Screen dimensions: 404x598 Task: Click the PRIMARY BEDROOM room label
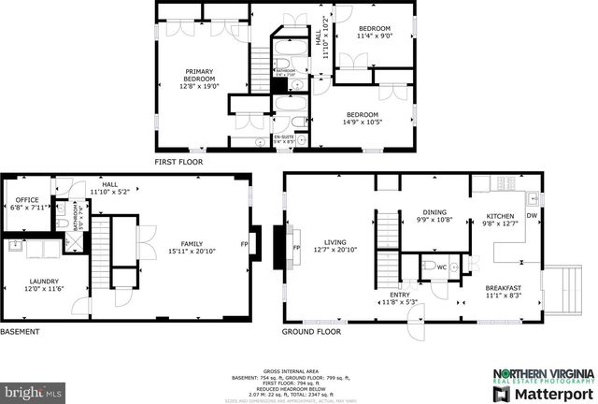click(200, 71)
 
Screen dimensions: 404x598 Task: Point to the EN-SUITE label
click(283, 137)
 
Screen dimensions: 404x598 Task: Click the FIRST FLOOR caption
click(180, 161)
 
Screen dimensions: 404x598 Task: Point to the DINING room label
click(434, 211)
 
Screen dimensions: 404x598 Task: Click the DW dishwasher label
click(532, 216)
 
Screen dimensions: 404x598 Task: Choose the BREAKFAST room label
click(503, 288)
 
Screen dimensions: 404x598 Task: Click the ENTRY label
click(400, 296)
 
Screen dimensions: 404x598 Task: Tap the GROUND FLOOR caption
click(312, 331)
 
